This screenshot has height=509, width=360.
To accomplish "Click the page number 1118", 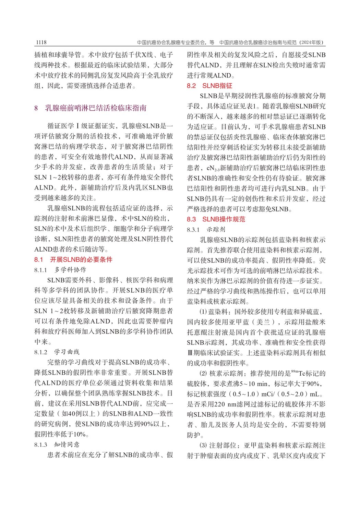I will (x=40, y=43).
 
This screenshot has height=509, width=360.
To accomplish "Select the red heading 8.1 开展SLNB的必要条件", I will (x=73, y=259).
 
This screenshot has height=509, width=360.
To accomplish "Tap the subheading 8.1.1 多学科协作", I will (x=60, y=270).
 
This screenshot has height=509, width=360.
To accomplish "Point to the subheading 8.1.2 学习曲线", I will (x=57, y=352).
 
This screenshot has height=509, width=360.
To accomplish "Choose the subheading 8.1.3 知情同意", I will (x=57, y=445).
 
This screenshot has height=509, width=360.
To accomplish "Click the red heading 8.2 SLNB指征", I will (x=209, y=86).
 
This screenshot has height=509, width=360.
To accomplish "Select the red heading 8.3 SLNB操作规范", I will (x=216, y=219).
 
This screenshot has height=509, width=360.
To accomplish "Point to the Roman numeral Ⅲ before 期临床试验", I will (x=190, y=353).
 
